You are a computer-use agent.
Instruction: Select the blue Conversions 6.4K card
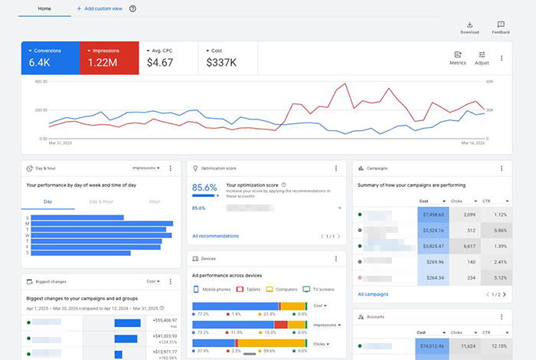pos(50,57)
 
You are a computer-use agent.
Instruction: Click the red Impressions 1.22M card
pos(109,57)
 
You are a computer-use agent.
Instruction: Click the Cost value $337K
pos(221,63)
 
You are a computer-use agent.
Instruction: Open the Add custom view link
pos(100,8)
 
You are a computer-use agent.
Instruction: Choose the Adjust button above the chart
pos(482,57)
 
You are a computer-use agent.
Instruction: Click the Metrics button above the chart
pos(458,57)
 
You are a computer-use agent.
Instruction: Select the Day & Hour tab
pos(101,201)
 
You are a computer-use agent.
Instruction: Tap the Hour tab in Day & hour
pos(155,201)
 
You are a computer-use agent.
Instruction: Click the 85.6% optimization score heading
pos(204,187)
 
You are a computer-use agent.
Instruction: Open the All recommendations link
pos(215,236)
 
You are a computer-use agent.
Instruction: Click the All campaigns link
pos(374,294)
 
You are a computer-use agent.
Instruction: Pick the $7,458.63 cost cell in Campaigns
pos(433,214)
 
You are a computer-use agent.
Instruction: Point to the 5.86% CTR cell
pos(498,231)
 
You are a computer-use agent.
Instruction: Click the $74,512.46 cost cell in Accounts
pos(433,346)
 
